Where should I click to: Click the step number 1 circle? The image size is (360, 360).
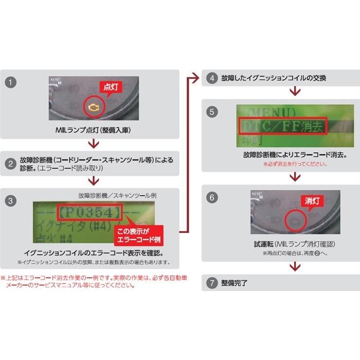[11, 82]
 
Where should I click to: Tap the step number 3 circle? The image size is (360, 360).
[11, 201]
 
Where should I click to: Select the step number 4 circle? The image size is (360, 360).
[211, 78]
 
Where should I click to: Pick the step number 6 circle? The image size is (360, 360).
[211, 197]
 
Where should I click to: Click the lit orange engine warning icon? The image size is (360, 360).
[94, 108]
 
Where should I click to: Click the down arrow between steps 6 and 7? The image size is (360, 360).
[295, 266]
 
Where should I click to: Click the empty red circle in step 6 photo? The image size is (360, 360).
[296, 219]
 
